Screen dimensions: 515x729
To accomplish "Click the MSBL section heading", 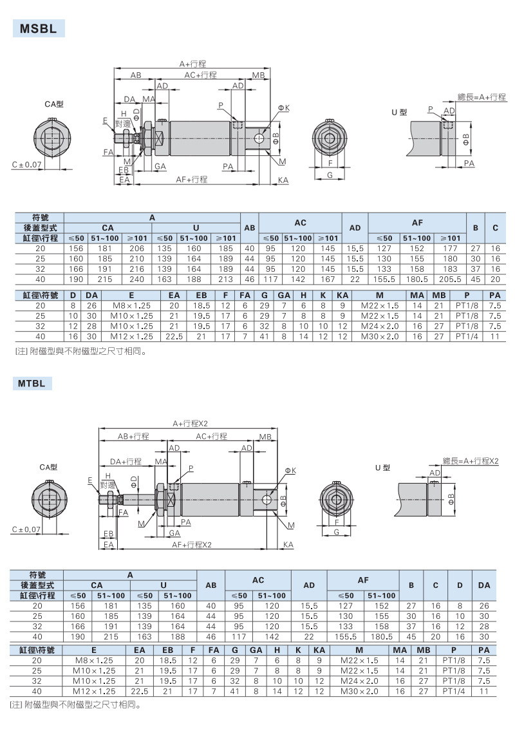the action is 38,29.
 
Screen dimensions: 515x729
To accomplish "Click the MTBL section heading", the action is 32,384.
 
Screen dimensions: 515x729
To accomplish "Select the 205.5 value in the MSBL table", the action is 451,279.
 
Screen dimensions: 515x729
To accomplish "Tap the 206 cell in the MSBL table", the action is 136,249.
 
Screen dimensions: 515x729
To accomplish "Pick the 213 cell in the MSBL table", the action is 225,279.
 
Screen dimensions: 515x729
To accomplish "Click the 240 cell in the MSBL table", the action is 136,279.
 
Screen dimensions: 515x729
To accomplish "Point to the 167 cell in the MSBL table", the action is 328,279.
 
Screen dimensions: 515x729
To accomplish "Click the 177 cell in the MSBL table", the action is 451,249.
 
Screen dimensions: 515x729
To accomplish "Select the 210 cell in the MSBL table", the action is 136,259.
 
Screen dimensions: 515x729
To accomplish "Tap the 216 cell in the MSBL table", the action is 136,269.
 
